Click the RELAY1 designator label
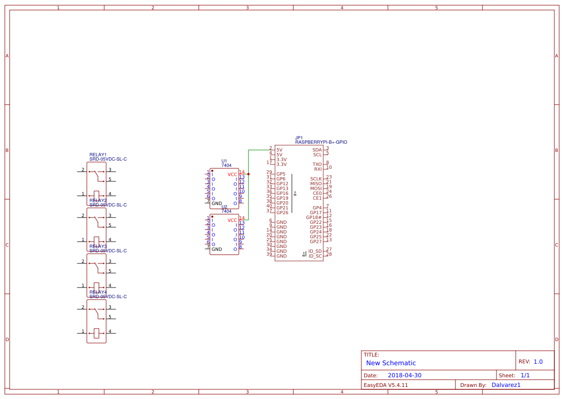pyautogui.click(x=98, y=155)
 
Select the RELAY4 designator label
pyautogui.click(x=98, y=292)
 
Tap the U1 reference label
pyautogui.click(x=224, y=161)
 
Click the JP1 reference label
pyautogui.click(x=299, y=138)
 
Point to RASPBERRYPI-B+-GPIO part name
pyautogui.click(x=321, y=142)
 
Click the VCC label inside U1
pyautogui.click(x=232, y=175)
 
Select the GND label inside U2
pyautogui.click(x=217, y=249)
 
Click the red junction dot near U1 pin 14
pyautogui.click(x=248, y=174)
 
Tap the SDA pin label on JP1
pyautogui.click(x=317, y=150)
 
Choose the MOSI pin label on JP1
pyautogui.click(x=316, y=189)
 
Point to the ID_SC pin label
pyautogui.click(x=315, y=256)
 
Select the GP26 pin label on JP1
pyautogui.click(x=282, y=213)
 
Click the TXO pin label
pyautogui.click(x=317, y=165)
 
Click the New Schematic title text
pyautogui.click(x=391, y=363)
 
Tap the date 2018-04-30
pyautogui.click(x=404, y=375)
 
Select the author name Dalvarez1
pyautogui.click(x=506, y=385)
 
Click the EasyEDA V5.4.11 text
pyautogui.click(x=385, y=385)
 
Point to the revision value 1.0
pyautogui.click(x=538, y=362)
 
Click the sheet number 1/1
pyautogui.click(x=525, y=375)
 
